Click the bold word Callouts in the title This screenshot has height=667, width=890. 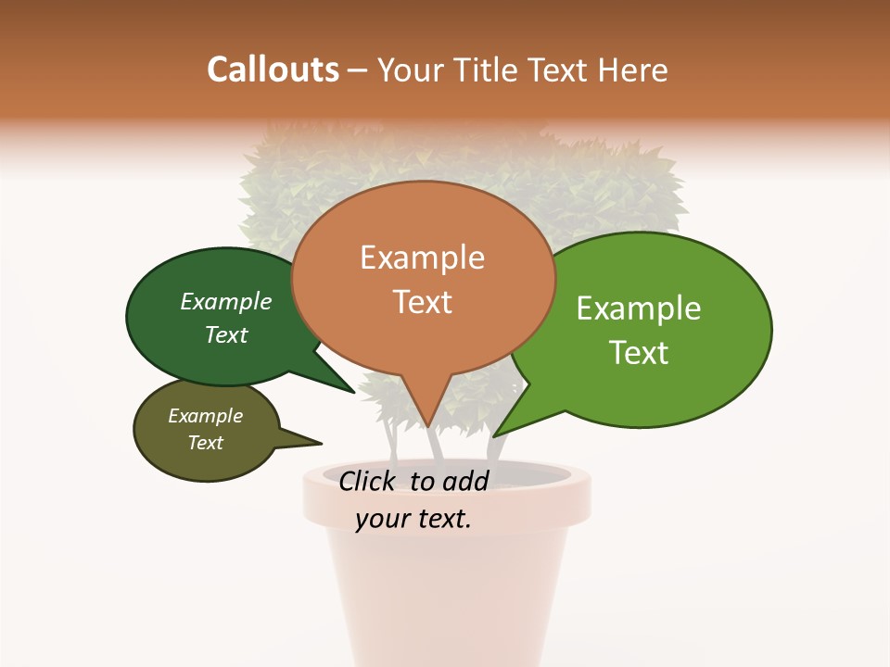coord(273,69)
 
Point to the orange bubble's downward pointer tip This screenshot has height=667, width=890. coord(428,425)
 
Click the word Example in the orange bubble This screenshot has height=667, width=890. coord(422,258)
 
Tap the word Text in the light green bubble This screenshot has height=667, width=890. coord(640,353)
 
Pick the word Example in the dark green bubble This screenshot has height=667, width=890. coord(226,301)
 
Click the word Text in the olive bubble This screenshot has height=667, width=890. coord(206,443)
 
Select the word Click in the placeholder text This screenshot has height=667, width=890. coord(367,481)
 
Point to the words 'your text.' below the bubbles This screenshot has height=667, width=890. coord(413,519)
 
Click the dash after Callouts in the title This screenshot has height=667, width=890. coord(358,69)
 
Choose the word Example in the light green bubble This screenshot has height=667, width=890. coord(639,308)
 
